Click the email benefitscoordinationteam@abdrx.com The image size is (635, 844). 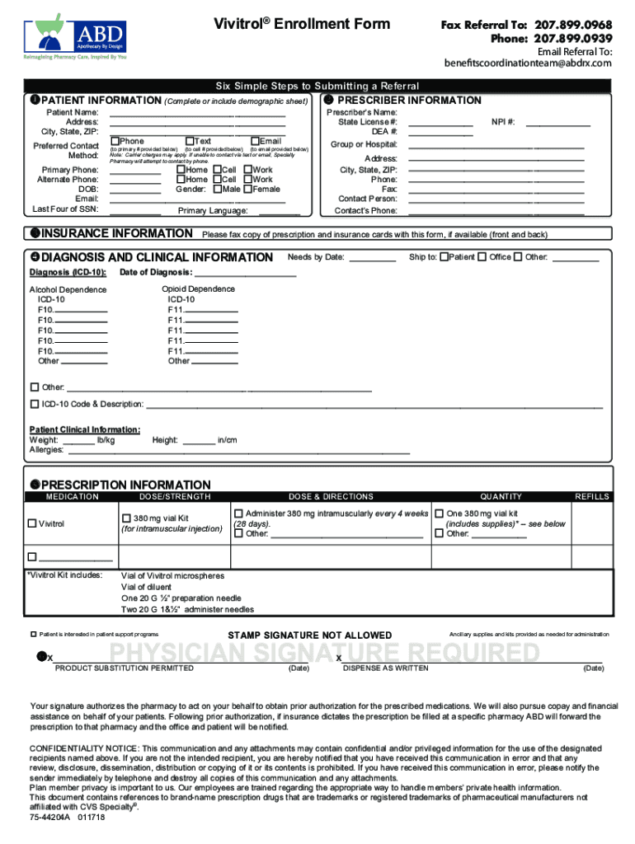pos(528,63)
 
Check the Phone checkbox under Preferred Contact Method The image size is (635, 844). pos(115,142)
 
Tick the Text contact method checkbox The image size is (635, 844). pos(190,142)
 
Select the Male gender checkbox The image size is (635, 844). pos(216,189)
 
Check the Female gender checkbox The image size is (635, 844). pos(247,189)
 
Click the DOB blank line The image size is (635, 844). pos(135,189)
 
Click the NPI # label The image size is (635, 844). pos(503,122)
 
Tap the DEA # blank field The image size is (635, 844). pos(440,132)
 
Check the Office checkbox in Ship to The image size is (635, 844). pos(482,257)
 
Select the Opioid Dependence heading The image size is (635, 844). pos(198,289)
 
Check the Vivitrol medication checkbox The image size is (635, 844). pos(32,523)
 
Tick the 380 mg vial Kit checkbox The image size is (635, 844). pos(127,518)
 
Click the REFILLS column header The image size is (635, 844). pos(591,497)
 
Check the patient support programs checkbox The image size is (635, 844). pos(34,635)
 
